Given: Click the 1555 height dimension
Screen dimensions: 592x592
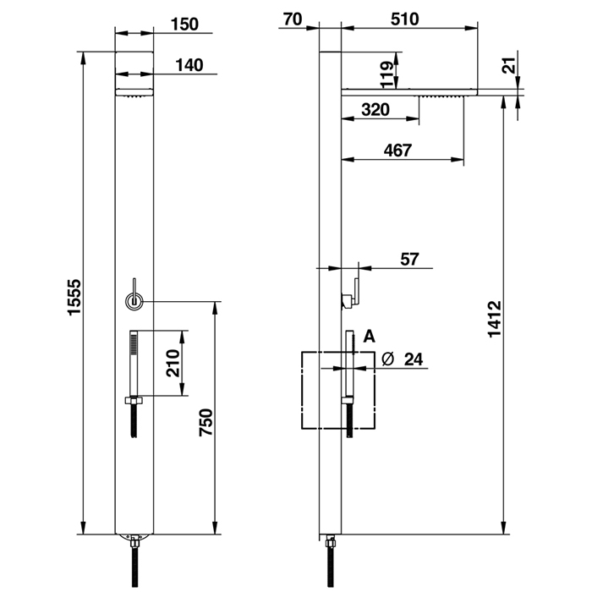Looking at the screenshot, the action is [74, 296].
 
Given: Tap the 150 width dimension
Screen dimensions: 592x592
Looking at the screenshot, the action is [184, 25].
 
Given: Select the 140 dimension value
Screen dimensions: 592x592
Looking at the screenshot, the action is [189, 65].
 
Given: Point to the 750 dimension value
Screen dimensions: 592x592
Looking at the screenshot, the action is [206, 422].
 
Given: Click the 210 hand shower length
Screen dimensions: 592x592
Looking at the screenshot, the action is [173, 363].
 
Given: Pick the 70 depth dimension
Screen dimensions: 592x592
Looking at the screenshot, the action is [293, 19].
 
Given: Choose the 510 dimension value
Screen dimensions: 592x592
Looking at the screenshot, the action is [405, 19].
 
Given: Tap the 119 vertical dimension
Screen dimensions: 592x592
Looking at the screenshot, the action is [387, 74].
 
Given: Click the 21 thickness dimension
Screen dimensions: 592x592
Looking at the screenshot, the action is [508, 65].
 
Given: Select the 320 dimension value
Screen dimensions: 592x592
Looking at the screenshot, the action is [375, 110].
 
